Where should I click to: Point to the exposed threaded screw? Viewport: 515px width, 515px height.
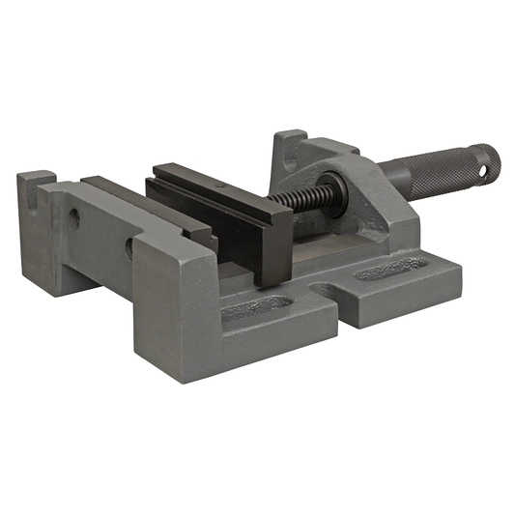[295, 196]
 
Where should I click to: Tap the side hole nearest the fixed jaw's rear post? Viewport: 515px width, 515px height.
[74, 219]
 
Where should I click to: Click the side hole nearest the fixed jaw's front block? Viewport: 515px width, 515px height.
[129, 247]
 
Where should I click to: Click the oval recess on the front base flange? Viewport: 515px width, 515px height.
[256, 308]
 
